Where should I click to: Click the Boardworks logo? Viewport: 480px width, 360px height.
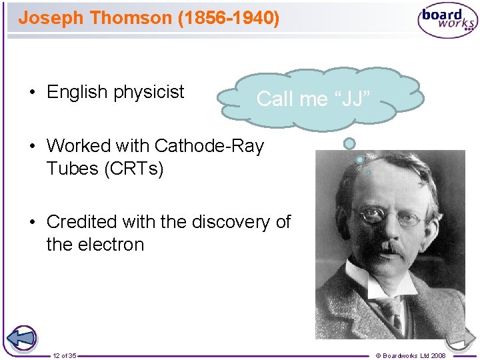(447, 20)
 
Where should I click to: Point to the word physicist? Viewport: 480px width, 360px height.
(149, 92)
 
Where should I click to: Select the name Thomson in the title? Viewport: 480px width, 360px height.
(131, 17)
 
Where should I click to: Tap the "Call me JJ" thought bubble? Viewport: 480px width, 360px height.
(319, 99)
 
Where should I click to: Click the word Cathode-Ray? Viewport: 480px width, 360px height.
(209, 145)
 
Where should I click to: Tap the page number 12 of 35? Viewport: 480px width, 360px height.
(65, 355)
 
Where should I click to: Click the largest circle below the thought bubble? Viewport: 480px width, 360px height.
(349, 143)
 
